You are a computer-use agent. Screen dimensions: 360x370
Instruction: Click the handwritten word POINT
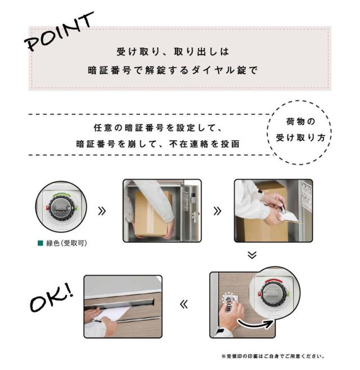point(59,32)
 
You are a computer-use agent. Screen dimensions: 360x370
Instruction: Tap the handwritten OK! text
point(52,298)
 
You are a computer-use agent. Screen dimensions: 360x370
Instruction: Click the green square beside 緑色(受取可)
point(40,243)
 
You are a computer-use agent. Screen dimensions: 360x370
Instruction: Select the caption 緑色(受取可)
point(66,243)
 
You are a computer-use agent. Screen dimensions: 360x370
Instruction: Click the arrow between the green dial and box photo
point(102,211)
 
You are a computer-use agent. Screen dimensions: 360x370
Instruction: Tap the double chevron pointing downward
point(252,255)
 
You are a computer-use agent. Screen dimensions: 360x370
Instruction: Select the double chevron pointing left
point(184,304)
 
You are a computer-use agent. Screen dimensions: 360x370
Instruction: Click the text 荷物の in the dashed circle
point(300,122)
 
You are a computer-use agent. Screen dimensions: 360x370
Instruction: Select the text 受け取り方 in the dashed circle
point(300,137)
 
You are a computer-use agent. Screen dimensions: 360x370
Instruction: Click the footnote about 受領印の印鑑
point(273,356)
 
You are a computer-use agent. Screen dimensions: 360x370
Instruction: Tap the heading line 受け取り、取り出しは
point(173,52)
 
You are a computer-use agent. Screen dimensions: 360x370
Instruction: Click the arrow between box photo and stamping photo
point(217,211)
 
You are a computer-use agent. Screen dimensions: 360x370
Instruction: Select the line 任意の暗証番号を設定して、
point(157,128)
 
